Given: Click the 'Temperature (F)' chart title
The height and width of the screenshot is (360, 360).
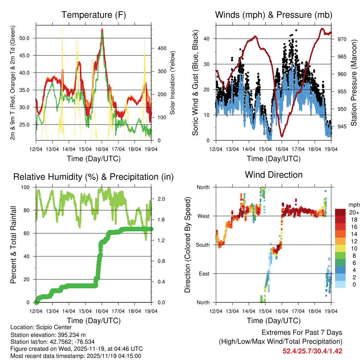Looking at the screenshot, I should tap(94, 15).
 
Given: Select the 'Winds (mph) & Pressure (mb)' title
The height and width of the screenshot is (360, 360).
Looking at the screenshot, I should tap(274, 15).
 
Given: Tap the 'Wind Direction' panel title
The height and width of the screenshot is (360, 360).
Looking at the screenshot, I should tap(274, 174).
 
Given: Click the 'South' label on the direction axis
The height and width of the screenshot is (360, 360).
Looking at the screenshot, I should tap(203, 245).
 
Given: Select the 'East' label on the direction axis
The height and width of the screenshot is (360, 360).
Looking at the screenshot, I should tap(205, 274).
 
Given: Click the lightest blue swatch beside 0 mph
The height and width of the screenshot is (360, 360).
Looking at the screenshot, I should tap(340, 285).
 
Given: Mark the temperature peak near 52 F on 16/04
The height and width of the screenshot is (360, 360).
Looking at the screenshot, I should tap(102, 29).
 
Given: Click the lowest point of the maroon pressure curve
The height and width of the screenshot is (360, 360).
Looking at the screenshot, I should tap(282, 136).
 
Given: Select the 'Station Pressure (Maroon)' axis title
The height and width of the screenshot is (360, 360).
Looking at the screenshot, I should tap(354, 82).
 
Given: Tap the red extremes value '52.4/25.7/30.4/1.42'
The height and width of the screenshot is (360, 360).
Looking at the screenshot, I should tap(312, 351).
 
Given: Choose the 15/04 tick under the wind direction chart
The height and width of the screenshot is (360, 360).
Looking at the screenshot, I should tap(265, 311).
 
